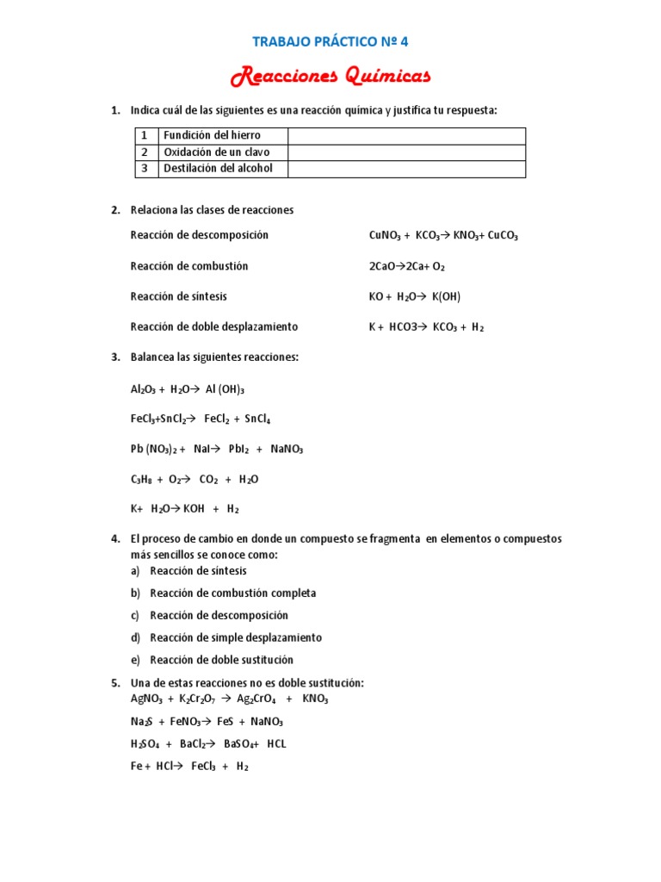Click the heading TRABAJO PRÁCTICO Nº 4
330,40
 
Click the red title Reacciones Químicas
330,78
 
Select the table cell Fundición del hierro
212,136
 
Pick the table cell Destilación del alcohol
218,169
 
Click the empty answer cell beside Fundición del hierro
406,136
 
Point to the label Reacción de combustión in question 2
189,266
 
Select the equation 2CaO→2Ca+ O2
406,267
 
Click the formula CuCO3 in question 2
503,236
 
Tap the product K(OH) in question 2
447,297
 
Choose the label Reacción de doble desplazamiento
214,327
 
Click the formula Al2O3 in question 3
143,389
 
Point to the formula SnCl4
256,419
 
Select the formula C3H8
142,480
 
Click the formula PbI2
240,450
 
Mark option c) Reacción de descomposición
219,616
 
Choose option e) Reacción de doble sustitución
221,661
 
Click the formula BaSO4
242,744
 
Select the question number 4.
115,539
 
